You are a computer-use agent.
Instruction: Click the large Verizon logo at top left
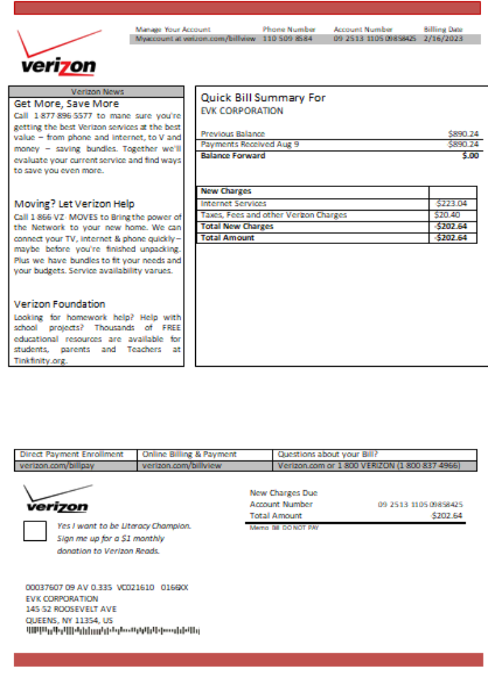tap(58, 54)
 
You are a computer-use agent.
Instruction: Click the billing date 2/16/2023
tap(443, 39)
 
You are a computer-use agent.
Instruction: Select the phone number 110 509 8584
tap(287, 39)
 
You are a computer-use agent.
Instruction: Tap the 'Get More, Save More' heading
tap(66, 104)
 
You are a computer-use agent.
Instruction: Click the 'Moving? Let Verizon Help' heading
tap(74, 204)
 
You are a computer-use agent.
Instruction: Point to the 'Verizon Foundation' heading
tap(60, 304)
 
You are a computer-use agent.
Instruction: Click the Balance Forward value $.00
tap(470, 155)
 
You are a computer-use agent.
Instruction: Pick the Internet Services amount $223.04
tap(451, 203)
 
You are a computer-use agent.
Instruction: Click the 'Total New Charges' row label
tap(237, 226)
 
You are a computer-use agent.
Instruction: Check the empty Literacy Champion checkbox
tap(35, 531)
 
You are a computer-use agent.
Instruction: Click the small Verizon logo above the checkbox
tap(56, 499)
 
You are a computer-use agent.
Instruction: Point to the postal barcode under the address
tap(113, 631)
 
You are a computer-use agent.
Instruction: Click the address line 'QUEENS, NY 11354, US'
tap(69, 620)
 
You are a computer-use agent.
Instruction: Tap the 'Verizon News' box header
tap(97, 92)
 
